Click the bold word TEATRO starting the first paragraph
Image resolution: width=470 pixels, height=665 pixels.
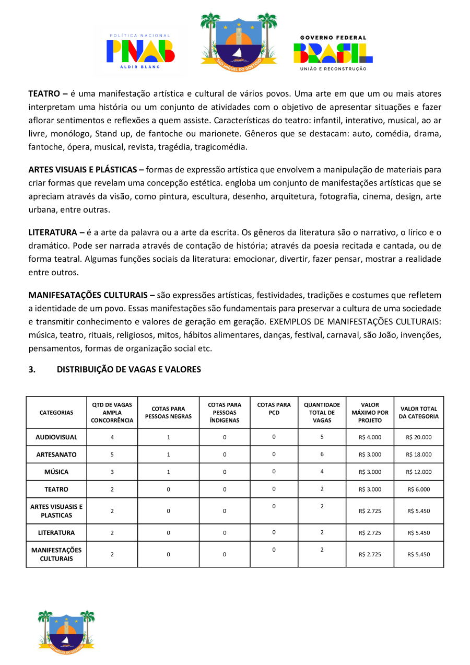(45, 94)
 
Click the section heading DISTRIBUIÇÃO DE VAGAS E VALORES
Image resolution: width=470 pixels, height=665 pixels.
(128, 369)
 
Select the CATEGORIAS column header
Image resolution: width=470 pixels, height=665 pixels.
(56, 413)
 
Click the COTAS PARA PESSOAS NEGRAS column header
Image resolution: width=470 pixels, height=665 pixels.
(168, 413)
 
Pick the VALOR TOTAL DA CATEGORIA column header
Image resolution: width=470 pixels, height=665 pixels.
(418, 413)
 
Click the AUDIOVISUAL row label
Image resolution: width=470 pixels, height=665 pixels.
(56, 437)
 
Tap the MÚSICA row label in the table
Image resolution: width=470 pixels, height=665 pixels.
(56, 472)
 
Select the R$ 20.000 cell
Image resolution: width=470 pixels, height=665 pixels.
(418, 437)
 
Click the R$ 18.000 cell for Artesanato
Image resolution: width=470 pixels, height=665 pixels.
(418, 454)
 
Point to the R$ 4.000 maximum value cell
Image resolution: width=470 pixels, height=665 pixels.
(370, 437)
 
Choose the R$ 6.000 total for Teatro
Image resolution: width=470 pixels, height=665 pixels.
(418, 489)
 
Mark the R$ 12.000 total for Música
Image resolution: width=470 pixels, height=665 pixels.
(418, 472)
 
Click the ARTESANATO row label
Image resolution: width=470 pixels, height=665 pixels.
(56, 454)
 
